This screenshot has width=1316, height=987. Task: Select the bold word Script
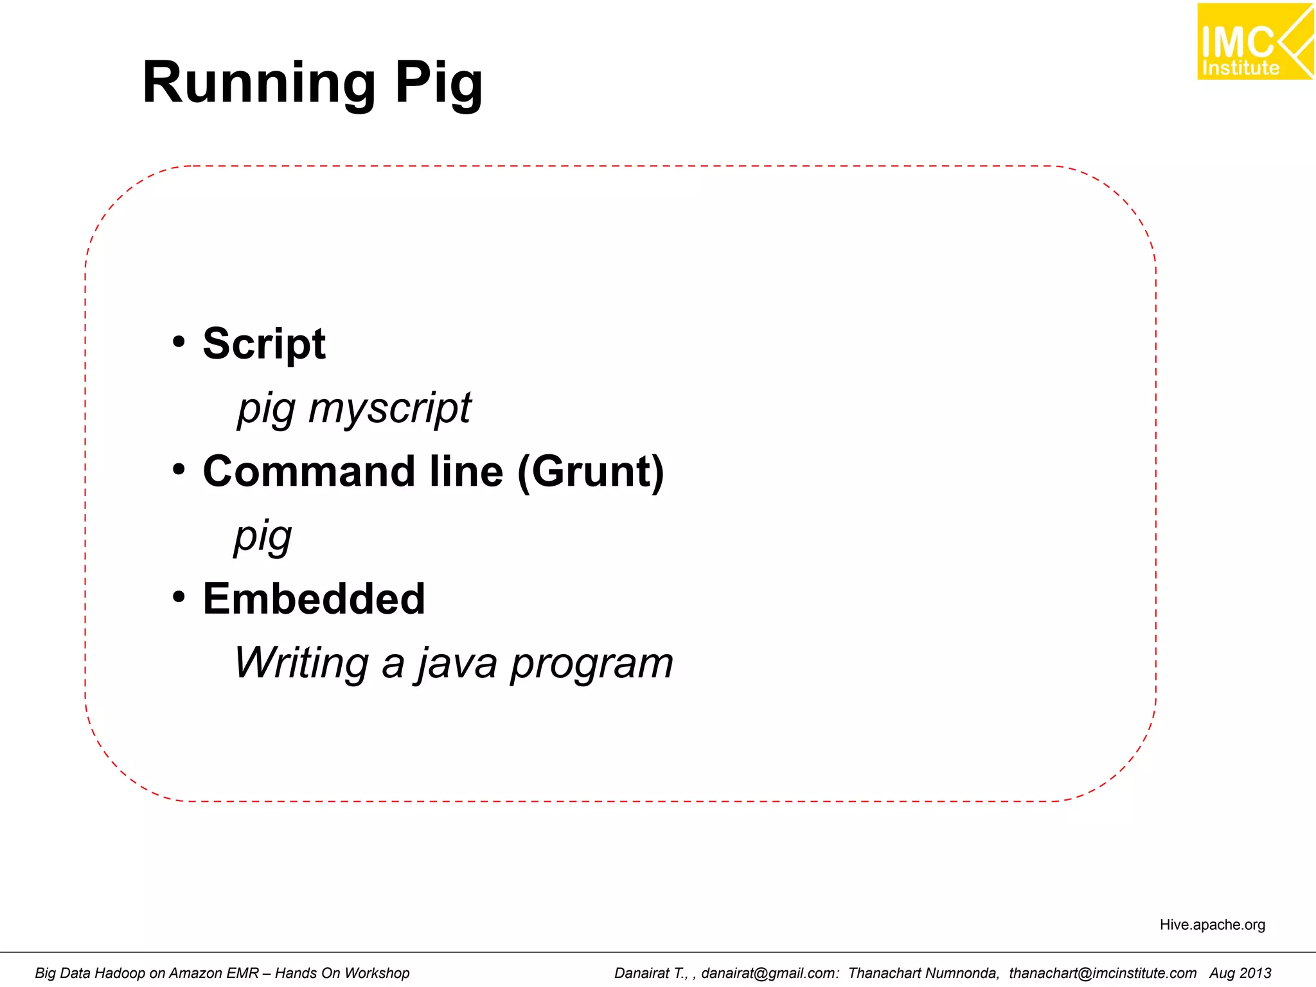point(264,344)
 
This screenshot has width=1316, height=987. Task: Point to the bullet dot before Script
point(179,341)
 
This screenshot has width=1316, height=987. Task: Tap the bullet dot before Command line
point(179,469)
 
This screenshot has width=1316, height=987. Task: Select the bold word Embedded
point(314,599)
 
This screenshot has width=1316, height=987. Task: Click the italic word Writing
point(301,663)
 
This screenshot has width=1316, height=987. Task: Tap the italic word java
point(458,663)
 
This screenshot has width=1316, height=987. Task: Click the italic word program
point(591,663)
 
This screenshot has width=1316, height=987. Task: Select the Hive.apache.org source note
point(1212,925)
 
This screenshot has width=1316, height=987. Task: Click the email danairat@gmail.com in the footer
point(769,973)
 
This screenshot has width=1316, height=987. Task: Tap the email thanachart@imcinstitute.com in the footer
point(1103,973)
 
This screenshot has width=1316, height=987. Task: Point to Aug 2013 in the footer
point(1240,973)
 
